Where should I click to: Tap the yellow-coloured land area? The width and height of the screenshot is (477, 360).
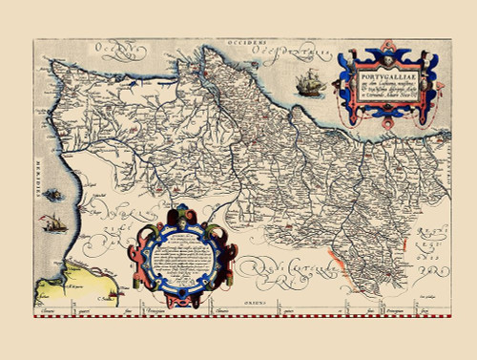pyautogui.click(x=57, y=292)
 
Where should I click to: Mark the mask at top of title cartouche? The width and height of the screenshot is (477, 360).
pyautogui.click(x=384, y=46)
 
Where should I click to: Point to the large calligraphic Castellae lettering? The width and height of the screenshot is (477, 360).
pyautogui.click(x=286, y=277)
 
